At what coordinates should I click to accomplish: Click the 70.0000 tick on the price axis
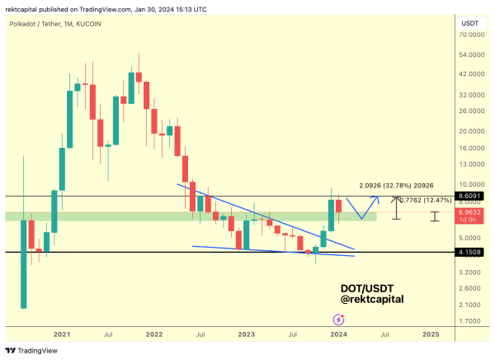tap(473, 35)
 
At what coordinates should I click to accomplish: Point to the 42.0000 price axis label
tap(473, 73)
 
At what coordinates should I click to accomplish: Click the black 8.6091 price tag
tap(473, 196)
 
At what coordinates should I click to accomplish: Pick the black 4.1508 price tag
tap(473, 252)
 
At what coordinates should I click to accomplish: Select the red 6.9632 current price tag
tap(473, 213)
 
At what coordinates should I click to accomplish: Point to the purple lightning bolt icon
tap(338, 319)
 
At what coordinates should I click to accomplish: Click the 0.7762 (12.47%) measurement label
tap(427, 199)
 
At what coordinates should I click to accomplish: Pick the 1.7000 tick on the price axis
tap(473, 321)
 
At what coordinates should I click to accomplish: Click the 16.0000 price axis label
tap(473, 149)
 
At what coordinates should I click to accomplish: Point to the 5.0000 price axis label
tap(473, 238)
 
